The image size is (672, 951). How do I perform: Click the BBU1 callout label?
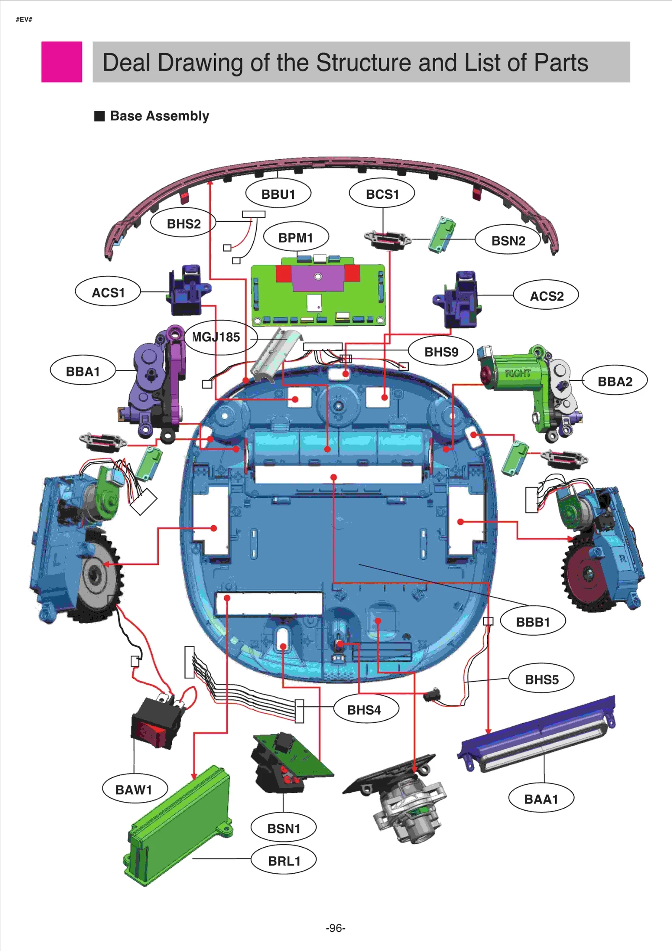click(x=278, y=194)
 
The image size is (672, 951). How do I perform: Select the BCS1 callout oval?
click(x=382, y=194)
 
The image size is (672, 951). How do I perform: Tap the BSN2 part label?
click(x=508, y=240)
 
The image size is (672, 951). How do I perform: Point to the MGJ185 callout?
click(x=216, y=337)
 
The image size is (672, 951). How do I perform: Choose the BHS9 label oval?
click(x=441, y=351)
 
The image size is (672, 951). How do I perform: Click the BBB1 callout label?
click(x=533, y=622)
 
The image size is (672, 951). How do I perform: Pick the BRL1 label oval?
click(x=284, y=861)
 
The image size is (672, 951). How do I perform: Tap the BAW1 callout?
click(x=134, y=789)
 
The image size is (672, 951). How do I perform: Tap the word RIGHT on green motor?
click(x=517, y=373)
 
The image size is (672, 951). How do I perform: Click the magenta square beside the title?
click(x=62, y=62)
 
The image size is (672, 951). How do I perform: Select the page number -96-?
click(x=336, y=927)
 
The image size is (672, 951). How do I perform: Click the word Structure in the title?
click(x=364, y=63)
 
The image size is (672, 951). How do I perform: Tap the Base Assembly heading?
click(x=159, y=116)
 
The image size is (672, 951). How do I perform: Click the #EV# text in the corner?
click(x=24, y=19)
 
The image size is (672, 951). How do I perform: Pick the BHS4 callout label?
click(x=364, y=710)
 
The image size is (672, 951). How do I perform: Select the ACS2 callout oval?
click(x=546, y=296)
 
